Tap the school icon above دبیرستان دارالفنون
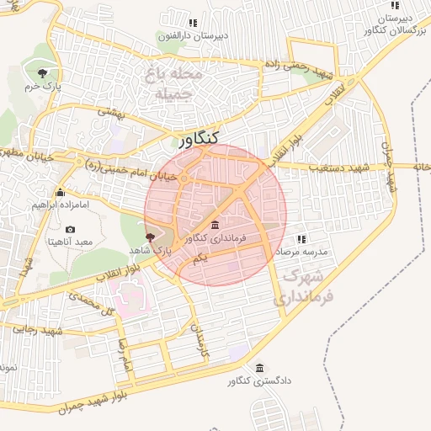pyautogui.click(x=193, y=24)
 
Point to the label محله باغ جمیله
pyautogui.click(x=175, y=83)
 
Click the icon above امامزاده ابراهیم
pyautogui.click(x=59, y=192)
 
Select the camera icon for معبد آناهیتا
pyautogui.click(x=70, y=229)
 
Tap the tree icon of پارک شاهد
pyautogui.click(x=150, y=238)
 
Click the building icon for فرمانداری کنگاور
pyautogui.click(x=215, y=226)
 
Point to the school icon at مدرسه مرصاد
pyautogui.click(x=302, y=239)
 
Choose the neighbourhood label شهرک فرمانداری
pyautogui.click(x=303, y=286)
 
